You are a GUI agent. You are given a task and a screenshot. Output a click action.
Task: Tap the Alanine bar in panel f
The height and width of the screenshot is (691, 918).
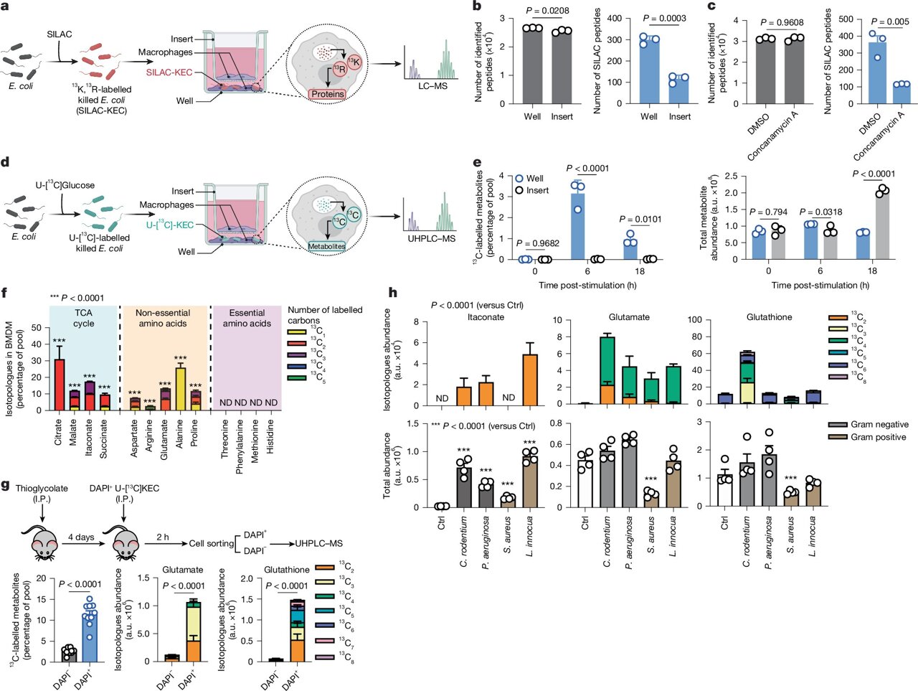click(x=181, y=388)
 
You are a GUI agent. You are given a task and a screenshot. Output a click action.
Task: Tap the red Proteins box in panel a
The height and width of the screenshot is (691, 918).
click(x=328, y=94)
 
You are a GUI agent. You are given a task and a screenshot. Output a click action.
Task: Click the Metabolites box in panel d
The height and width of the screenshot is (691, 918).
click(x=326, y=246)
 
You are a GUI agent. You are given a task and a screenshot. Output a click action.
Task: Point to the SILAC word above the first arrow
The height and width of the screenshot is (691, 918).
click(x=60, y=34)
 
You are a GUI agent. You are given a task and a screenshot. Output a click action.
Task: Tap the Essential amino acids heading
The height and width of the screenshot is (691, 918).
click(x=247, y=318)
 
